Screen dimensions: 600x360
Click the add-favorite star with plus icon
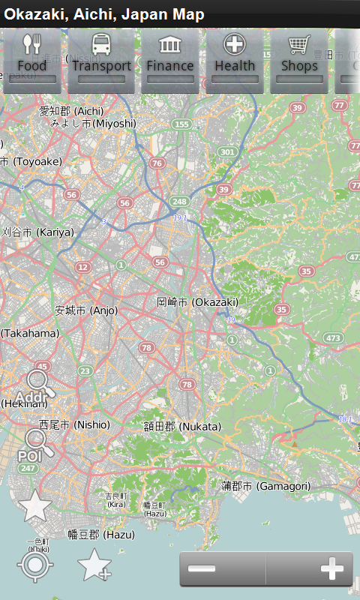coord(94,565)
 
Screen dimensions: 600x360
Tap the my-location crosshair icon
coord(35,564)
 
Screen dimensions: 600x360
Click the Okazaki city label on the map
coord(197,301)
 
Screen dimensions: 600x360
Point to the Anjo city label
coord(86,310)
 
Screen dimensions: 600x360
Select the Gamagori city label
coord(265,486)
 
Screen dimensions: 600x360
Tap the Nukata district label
coord(182,426)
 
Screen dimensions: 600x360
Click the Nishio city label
coord(74,424)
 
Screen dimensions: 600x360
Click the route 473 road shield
coord(334,338)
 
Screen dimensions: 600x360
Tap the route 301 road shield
coord(227,152)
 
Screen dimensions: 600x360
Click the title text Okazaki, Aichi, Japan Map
coord(104,14)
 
